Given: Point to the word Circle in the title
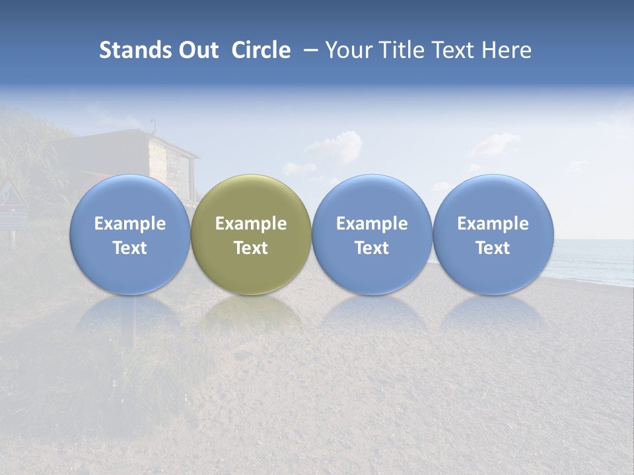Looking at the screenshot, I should (x=261, y=50).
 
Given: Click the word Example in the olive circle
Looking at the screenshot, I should (x=250, y=224).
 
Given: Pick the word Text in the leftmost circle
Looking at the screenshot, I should (x=129, y=248).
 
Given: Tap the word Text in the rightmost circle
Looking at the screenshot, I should (x=493, y=248).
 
